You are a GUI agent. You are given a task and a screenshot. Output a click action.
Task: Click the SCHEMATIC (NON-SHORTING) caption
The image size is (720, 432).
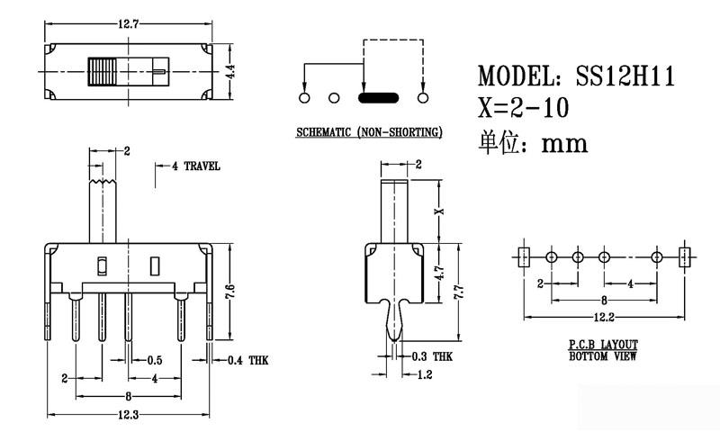(x=369, y=132)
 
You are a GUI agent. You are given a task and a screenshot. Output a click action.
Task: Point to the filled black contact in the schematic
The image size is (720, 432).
(x=377, y=97)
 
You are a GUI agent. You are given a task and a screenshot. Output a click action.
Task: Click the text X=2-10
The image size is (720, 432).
(x=524, y=109)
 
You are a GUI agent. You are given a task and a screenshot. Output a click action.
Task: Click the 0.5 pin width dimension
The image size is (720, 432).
(x=154, y=360)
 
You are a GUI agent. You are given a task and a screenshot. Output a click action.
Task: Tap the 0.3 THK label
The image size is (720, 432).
(x=429, y=356)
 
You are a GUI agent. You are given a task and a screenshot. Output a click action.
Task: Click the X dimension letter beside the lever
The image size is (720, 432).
(x=438, y=211)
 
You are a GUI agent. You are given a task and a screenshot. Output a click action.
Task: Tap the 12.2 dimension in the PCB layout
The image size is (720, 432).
(x=604, y=318)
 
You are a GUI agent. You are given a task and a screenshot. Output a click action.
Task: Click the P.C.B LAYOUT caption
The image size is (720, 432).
(x=603, y=345)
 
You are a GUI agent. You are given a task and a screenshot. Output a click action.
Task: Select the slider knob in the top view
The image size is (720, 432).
(x=104, y=71)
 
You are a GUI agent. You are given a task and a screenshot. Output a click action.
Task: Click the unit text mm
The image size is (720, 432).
(x=564, y=141)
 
